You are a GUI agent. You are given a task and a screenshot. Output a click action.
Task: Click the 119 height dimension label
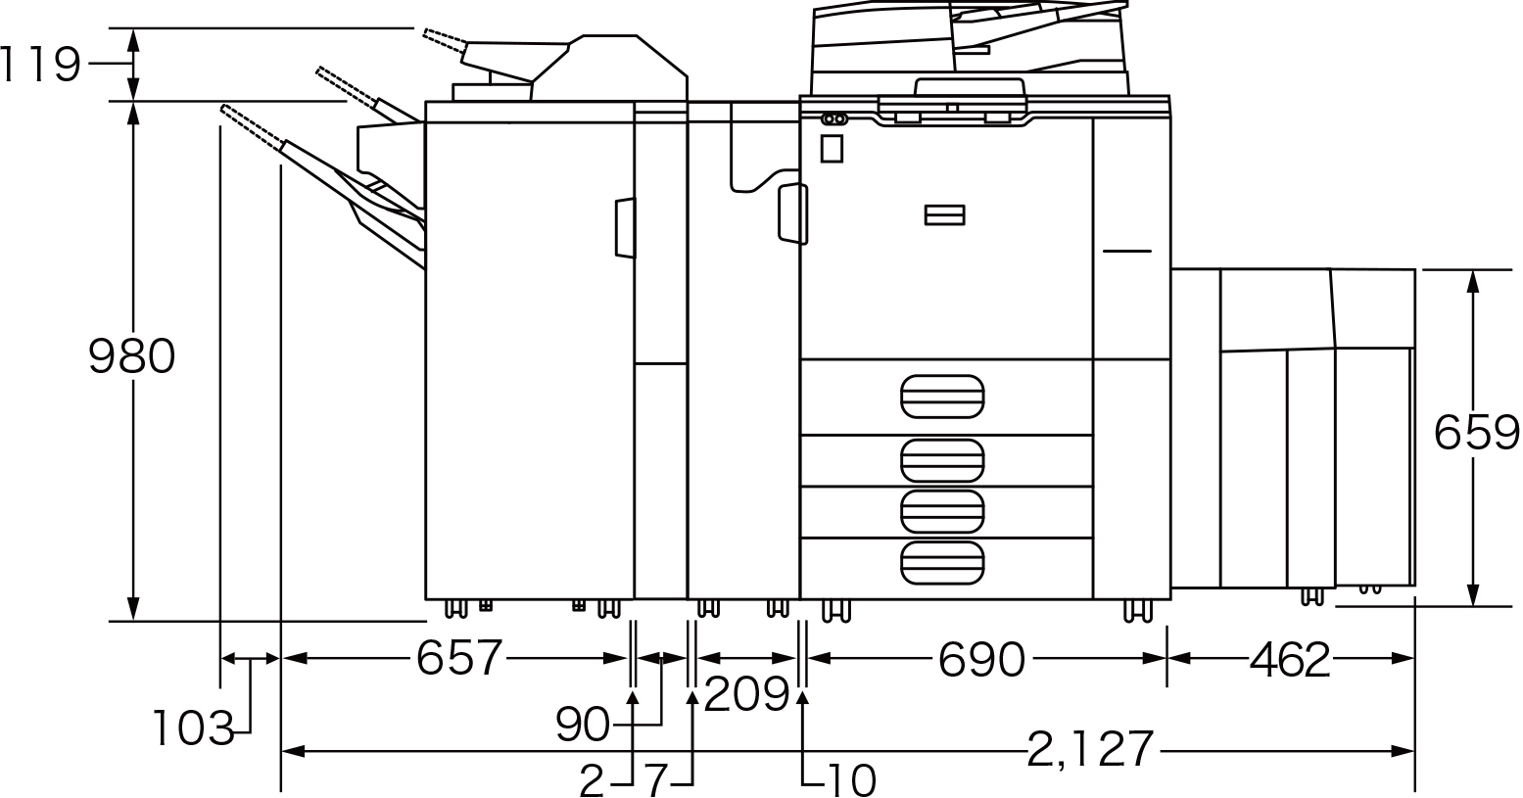[x=41, y=65]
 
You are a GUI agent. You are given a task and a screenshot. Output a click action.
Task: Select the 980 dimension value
[x=132, y=356]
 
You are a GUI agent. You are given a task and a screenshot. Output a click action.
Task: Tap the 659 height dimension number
[x=1476, y=433]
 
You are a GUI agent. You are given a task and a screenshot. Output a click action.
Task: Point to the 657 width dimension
[x=459, y=657]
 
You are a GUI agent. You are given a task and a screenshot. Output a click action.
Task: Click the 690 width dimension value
[x=981, y=659]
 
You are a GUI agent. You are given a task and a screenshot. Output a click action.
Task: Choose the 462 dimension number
[x=1290, y=659]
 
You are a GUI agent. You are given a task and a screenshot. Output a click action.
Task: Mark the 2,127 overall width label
[x=1090, y=749]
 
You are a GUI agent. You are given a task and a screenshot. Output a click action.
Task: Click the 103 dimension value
[x=194, y=728]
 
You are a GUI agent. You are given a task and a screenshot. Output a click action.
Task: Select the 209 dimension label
[x=746, y=694]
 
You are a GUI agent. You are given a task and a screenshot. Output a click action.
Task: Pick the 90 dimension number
[x=582, y=724]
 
